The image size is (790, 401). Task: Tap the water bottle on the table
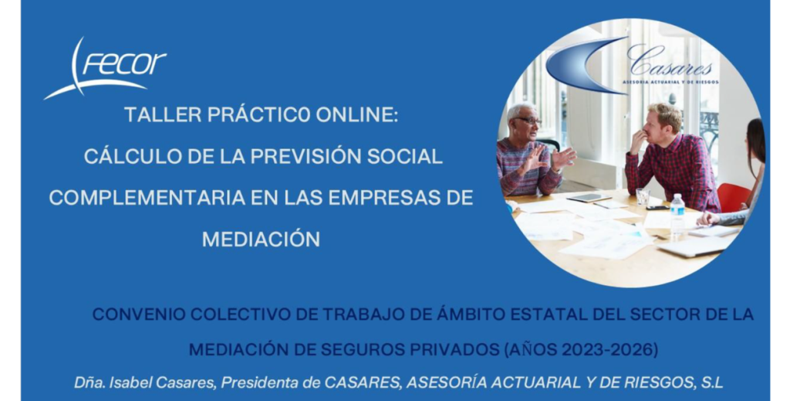[677, 214]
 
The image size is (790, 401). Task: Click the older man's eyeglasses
[528, 121]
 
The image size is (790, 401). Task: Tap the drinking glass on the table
[643, 198]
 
